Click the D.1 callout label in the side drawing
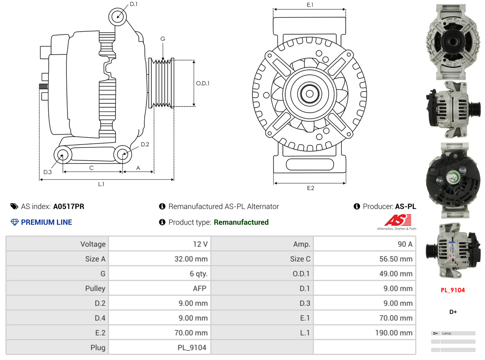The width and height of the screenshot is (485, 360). [133, 4]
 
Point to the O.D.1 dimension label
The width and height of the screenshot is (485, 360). [203, 83]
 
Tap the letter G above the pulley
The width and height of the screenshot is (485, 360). [163, 39]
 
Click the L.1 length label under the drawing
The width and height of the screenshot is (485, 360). [101, 184]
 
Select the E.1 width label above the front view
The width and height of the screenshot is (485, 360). [310, 5]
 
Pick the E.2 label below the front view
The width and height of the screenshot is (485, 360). [310, 188]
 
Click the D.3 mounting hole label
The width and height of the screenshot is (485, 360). [48, 172]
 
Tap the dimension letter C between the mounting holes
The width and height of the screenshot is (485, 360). [91, 168]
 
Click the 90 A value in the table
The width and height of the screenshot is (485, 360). [405, 244]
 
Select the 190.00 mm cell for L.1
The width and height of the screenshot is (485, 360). [394, 333]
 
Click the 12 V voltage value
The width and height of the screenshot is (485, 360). [200, 244]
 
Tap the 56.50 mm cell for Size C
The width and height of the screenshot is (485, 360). [396, 259]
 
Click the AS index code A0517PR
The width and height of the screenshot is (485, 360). [69, 207]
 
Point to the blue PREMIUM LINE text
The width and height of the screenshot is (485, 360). [46, 222]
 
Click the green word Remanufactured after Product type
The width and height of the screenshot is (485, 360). [241, 222]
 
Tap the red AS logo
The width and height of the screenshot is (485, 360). [397, 221]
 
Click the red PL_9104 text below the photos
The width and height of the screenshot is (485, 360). [453, 290]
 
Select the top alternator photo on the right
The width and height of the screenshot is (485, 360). [453, 41]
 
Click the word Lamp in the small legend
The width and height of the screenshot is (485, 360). [446, 333]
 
